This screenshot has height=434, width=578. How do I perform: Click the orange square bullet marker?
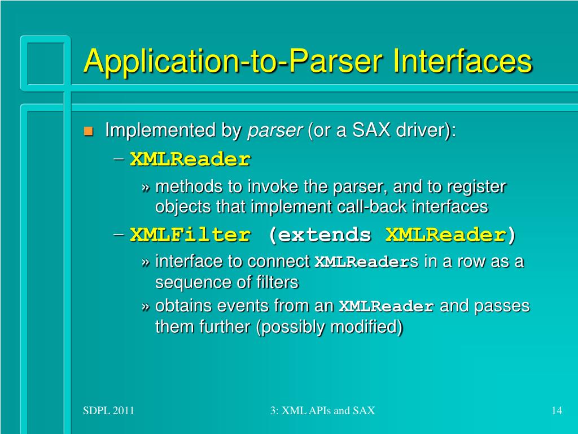pos(87,132)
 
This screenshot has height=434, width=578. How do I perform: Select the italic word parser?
pos(275,131)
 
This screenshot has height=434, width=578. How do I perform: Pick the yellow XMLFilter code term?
pos(190,235)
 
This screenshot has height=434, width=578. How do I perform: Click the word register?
pos(477,186)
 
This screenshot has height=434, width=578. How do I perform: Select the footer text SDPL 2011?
pos(108,411)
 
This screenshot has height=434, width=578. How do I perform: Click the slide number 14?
pos(557,411)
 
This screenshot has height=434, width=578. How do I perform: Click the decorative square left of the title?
pos(45,62)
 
